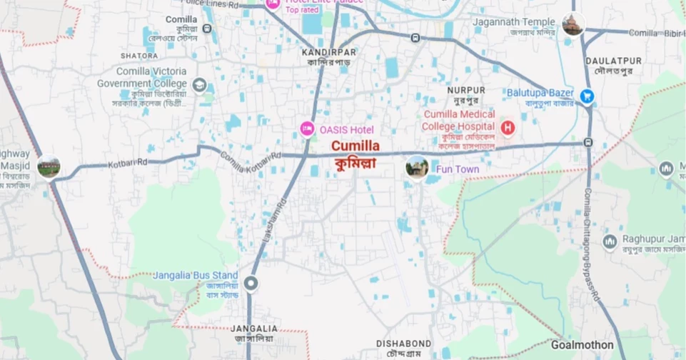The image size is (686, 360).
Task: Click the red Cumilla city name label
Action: [x=355, y=145]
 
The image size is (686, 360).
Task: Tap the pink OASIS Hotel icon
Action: [x=306, y=129]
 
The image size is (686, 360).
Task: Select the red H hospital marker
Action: [x=508, y=129]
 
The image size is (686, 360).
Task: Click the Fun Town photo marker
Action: [x=416, y=168]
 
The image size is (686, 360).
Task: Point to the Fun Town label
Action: [x=458, y=169]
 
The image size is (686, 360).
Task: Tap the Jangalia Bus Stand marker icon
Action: [x=251, y=284]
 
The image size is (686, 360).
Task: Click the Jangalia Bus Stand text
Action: [x=196, y=275]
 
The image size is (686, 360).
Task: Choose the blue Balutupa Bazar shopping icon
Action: [x=587, y=95]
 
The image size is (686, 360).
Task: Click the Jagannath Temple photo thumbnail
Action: [x=572, y=24]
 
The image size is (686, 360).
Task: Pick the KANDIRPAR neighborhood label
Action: [x=329, y=52]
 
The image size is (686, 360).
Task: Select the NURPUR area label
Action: [x=466, y=90]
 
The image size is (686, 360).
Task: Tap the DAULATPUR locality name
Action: [x=613, y=61]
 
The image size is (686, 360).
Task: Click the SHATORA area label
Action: [x=139, y=56]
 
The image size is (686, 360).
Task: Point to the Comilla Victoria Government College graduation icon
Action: [x=200, y=85]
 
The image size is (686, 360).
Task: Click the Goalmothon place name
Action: [x=582, y=344]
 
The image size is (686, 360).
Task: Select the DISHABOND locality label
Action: [x=404, y=344]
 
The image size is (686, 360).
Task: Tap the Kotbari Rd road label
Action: [x=128, y=164]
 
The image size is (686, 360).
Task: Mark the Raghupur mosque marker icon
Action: [x=610, y=241]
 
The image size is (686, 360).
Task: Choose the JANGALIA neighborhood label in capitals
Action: [x=254, y=329]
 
